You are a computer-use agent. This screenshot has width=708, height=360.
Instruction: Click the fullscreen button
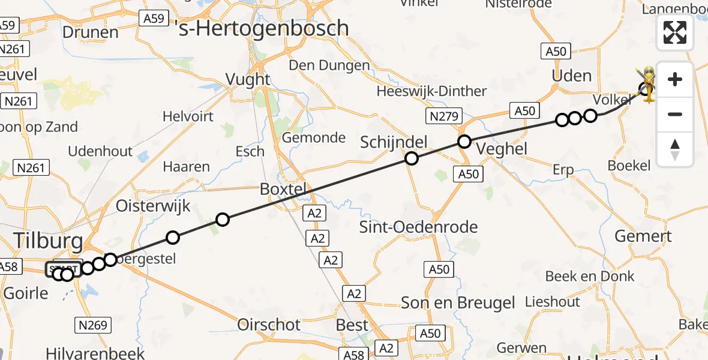point(675,32)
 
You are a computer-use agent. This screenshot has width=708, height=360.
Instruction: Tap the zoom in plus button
point(675,79)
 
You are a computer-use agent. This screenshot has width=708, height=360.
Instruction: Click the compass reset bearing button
point(675,149)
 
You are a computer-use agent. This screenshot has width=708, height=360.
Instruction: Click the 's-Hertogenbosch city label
point(265,28)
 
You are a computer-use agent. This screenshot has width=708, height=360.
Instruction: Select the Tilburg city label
point(47,241)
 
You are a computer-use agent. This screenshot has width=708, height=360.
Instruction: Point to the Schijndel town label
point(394,142)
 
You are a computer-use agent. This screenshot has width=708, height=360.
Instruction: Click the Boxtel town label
point(283,189)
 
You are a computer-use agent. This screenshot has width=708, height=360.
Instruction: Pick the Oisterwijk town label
point(153,206)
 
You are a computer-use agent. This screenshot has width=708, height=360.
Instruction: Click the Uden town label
point(572,76)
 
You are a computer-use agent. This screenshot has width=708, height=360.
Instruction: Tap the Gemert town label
point(643,236)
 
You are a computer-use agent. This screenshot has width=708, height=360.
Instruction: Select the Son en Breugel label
point(458,303)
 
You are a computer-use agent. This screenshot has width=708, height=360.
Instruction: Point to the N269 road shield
point(93,325)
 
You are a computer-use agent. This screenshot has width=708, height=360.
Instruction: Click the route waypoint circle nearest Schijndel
point(412,158)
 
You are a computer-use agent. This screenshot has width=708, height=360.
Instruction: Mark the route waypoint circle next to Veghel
point(464,142)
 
